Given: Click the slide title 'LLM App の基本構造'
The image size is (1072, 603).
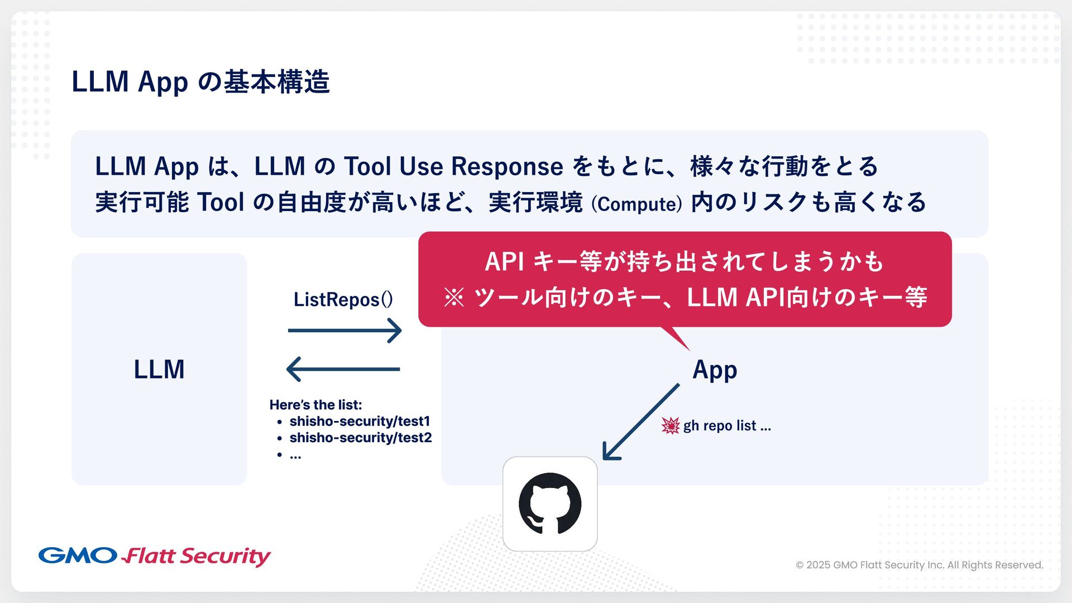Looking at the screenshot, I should point(200,82).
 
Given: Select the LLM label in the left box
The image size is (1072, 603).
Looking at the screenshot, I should point(159,370).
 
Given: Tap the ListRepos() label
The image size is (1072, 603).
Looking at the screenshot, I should point(343,300).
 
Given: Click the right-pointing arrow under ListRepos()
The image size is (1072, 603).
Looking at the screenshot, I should point(344,331).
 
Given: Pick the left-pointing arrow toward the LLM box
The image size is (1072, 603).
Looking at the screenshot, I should point(343,369).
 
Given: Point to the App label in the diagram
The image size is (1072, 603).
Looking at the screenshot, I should point(715,370).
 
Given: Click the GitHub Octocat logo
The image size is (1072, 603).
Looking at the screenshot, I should point(550,504).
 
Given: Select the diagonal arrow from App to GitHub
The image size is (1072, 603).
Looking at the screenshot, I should point(640,422).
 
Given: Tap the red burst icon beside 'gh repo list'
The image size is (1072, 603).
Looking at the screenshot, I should point(670,425).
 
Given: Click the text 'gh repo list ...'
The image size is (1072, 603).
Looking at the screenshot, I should point(727,426).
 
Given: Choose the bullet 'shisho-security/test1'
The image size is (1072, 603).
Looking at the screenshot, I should point(360,421).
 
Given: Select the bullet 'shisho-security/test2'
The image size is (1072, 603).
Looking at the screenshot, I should point(361,438).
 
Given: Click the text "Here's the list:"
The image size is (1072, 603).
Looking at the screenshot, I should point(315,405).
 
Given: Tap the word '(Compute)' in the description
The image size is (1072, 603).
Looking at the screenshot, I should point(636,204).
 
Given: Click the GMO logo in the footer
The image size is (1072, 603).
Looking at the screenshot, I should point(78,556).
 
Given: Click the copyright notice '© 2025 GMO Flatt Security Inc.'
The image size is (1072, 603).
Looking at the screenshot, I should point(919,565).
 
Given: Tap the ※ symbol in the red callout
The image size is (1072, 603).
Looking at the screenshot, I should point(454,298).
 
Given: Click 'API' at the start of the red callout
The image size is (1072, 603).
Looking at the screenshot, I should point(504,262).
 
